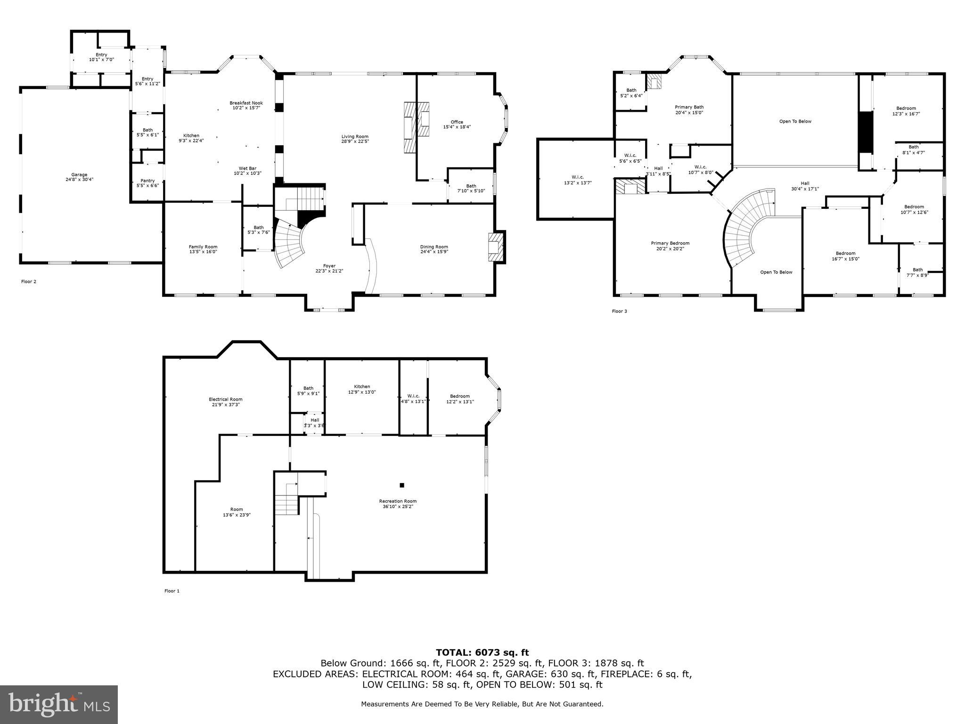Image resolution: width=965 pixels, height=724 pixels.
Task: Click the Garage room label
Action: [79, 175]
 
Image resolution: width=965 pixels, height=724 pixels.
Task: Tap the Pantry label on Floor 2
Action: [147, 181]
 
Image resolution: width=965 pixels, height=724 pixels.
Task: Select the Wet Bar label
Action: [247, 168]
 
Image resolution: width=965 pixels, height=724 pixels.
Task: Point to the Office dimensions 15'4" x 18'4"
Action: [457, 127]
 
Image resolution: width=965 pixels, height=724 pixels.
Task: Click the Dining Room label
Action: [434, 247]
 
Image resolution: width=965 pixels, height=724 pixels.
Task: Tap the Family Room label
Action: [203, 247]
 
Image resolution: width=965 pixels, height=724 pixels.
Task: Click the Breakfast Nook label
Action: [246, 103]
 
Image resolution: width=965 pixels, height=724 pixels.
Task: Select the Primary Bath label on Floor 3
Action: [689, 107]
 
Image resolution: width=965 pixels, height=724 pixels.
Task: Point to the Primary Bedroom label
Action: [670, 243]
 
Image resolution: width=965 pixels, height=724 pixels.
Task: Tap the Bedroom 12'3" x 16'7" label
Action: [906, 108]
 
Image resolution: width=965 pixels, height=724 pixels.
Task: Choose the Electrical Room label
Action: [226, 399]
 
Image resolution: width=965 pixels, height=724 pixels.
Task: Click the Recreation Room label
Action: [398, 501]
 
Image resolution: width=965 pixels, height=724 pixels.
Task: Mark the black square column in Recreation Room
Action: [402, 485]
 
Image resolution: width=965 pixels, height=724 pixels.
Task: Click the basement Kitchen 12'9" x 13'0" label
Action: [362, 387]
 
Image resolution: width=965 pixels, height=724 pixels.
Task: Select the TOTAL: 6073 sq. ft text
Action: [482, 652]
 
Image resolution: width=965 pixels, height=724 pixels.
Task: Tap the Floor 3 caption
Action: [619, 311]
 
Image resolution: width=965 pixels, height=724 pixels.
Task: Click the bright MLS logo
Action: [59, 704]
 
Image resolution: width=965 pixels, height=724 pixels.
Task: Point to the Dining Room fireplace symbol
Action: [495, 247]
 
